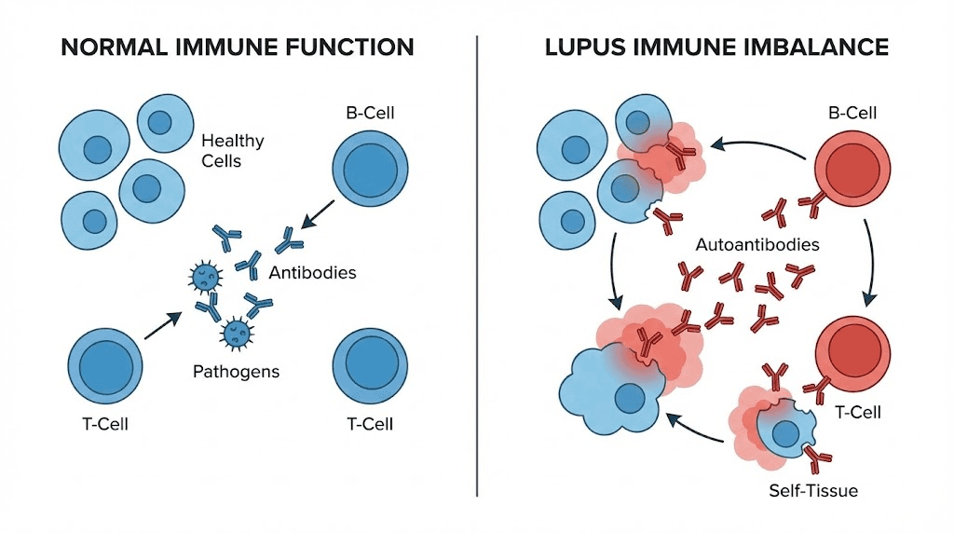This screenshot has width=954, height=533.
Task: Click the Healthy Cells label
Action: tap(232, 151)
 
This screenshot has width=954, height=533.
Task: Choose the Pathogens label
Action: tap(236, 372)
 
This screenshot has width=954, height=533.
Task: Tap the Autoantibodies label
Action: tap(757, 246)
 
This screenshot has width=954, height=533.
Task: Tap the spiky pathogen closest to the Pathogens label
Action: tap(234, 332)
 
